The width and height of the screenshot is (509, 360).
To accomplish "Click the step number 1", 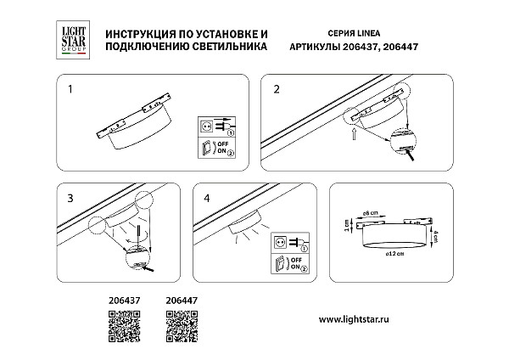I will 71,88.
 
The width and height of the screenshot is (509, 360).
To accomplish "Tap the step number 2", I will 276,88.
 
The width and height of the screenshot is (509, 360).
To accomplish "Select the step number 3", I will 71,197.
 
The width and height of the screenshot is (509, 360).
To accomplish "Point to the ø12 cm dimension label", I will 392,256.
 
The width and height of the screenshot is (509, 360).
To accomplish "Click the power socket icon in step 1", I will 206,127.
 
